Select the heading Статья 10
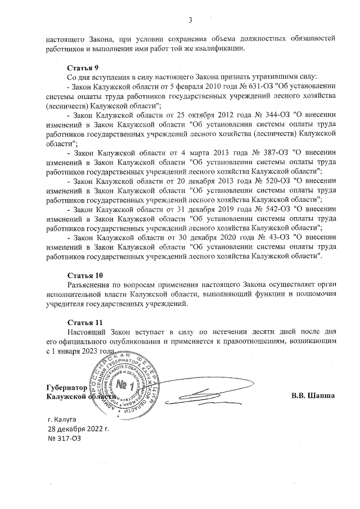point(85,276)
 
